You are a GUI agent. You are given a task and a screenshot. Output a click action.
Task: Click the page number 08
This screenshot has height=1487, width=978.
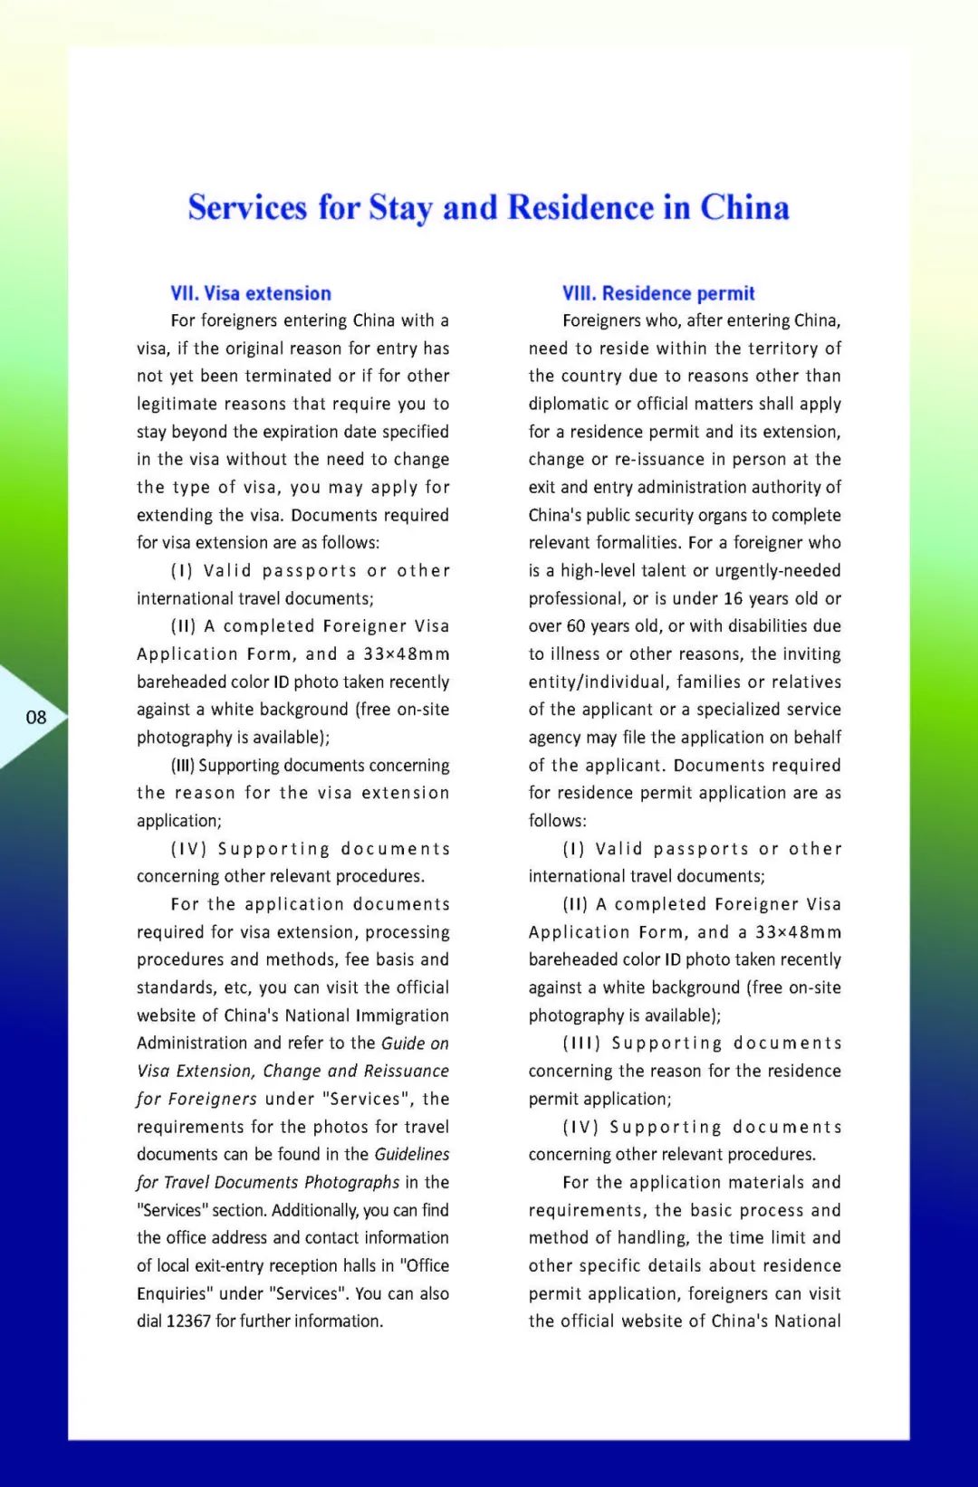(x=36, y=718)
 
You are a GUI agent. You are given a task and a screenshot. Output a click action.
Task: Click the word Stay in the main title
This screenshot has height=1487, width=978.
(x=399, y=208)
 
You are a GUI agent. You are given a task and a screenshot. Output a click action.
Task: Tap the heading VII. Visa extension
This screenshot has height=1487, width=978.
(x=251, y=293)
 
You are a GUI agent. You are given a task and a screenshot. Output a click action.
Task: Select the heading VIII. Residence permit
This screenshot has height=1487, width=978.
(x=658, y=293)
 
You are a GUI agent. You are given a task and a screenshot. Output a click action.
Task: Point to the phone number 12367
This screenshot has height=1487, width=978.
(x=188, y=1321)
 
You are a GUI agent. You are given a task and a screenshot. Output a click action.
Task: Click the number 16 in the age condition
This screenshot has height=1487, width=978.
(x=733, y=598)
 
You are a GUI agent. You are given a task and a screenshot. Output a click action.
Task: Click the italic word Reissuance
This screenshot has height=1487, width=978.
(x=406, y=1071)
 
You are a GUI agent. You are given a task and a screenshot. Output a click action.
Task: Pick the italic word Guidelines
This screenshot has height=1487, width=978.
(x=412, y=1154)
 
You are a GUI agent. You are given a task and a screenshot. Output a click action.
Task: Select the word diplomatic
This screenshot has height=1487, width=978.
(x=570, y=404)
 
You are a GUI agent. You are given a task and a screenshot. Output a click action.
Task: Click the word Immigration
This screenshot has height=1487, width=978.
(x=401, y=1015)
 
